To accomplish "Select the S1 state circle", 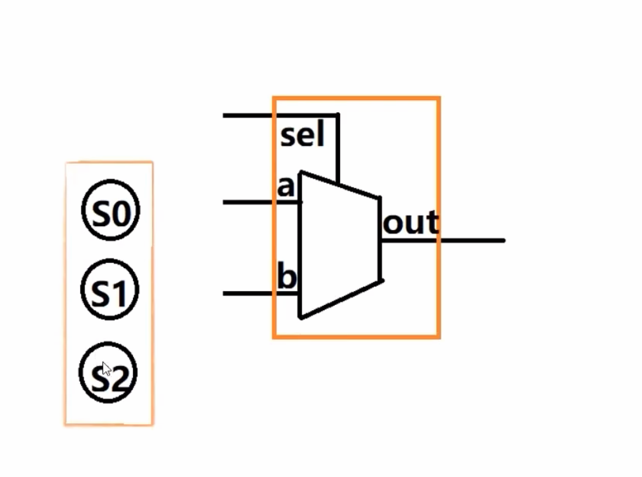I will (x=110, y=290).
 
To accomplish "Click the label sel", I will (x=303, y=136).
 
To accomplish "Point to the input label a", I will (x=286, y=187).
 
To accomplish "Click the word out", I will (x=411, y=224).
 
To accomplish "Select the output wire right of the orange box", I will (x=472, y=241).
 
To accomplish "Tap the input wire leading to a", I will (x=248, y=203).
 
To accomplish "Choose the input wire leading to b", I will (x=248, y=294).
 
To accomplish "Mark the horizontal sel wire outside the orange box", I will (x=248, y=116).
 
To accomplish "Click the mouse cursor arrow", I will (x=106, y=368).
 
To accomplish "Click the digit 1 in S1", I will (x=120, y=294).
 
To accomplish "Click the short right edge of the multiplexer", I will (x=380, y=239).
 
